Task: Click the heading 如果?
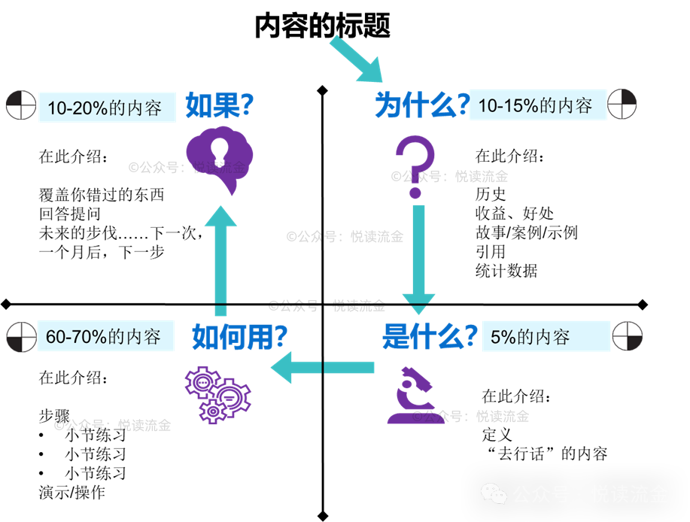[x=220, y=106]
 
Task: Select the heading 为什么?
[x=422, y=106]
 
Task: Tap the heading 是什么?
[x=430, y=335]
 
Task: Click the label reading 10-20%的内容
[x=105, y=108]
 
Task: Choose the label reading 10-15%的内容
[x=536, y=105]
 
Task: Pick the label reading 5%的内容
[x=530, y=336]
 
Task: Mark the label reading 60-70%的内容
[x=104, y=337]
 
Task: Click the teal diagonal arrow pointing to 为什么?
[x=356, y=59]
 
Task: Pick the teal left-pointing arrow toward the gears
[x=323, y=368]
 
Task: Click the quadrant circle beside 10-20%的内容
[x=20, y=105]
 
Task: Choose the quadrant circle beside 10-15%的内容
[x=622, y=104]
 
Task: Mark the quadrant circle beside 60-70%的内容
[x=20, y=336]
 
